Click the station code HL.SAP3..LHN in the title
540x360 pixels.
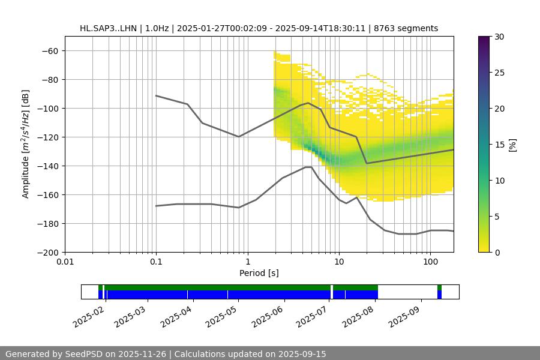[x=108, y=28]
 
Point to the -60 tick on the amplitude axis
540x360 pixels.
[x=49, y=50]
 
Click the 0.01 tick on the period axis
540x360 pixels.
[x=65, y=262]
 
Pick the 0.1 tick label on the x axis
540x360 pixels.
[x=156, y=262]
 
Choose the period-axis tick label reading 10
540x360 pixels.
[x=339, y=262]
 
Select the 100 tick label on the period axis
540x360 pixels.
[x=430, y=262]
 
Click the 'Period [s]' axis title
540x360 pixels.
[x=259, y=273]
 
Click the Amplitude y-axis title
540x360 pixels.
[x=26, y=144]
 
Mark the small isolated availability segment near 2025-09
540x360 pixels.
[x=439, y=292]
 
